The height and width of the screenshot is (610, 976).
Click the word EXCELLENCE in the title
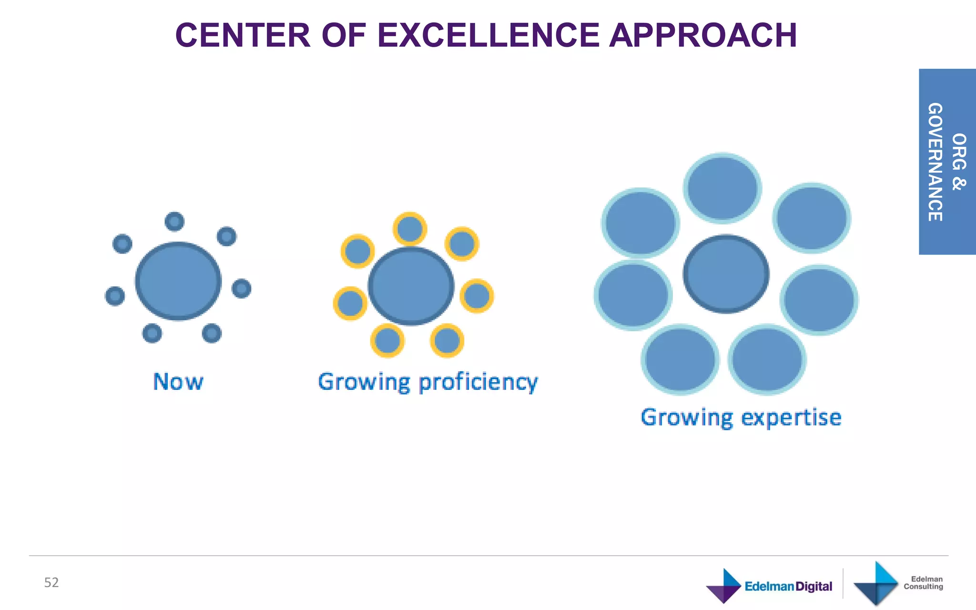488,36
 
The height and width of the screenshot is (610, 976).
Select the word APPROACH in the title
703,36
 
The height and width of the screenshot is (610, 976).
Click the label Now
178,382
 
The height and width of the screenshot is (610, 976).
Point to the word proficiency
478,383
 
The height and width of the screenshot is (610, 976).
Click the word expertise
792,417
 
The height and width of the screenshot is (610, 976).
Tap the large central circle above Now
178,281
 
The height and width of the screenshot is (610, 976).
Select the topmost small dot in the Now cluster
174,222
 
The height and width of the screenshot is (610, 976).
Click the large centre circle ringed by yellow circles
411,286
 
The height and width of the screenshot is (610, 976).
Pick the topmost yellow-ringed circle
410,229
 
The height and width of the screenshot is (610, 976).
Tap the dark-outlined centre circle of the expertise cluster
726,274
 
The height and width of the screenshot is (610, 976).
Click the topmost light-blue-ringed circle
722,188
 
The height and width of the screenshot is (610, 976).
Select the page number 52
51,582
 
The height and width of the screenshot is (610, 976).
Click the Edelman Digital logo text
788,586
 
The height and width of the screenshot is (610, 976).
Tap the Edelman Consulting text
923,583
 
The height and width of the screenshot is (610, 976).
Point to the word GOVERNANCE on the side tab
935,162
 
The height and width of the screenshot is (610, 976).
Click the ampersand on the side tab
959,184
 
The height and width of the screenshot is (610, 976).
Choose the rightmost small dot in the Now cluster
242,288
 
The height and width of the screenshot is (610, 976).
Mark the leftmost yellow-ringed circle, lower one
350,303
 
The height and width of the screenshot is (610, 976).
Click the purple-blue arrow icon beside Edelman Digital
723,586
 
